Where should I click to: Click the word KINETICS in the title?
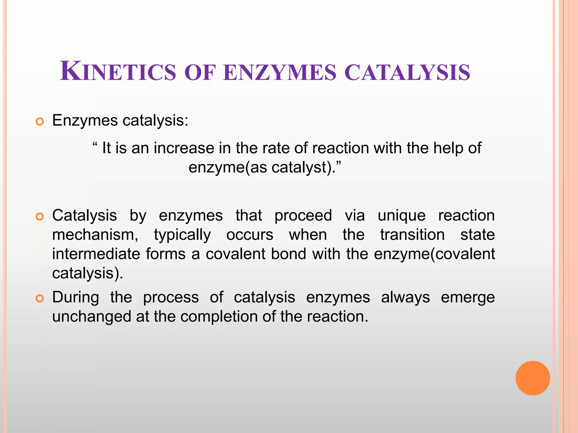tap(118, 72)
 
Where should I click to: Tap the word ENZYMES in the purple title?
tap(280, 73)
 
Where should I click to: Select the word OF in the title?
tap(200, 73)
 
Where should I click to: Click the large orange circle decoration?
tap(533, 378)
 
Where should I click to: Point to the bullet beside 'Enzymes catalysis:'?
tap(40, 122)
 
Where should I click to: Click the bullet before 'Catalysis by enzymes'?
tap(40, 216)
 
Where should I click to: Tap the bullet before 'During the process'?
tap(40, 298)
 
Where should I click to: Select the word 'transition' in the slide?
tap(412, 235)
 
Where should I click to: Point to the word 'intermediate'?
tap(96, 254)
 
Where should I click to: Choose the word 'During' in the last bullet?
tap(76, 298)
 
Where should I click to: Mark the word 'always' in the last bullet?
tap(405, 298)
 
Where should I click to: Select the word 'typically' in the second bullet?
tap(182, 235)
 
